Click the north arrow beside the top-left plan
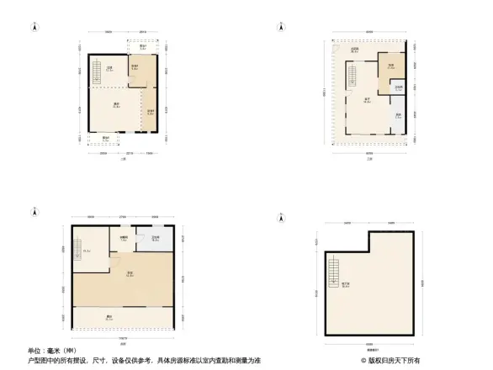34,26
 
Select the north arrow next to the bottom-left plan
34,212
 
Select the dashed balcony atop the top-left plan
143,47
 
